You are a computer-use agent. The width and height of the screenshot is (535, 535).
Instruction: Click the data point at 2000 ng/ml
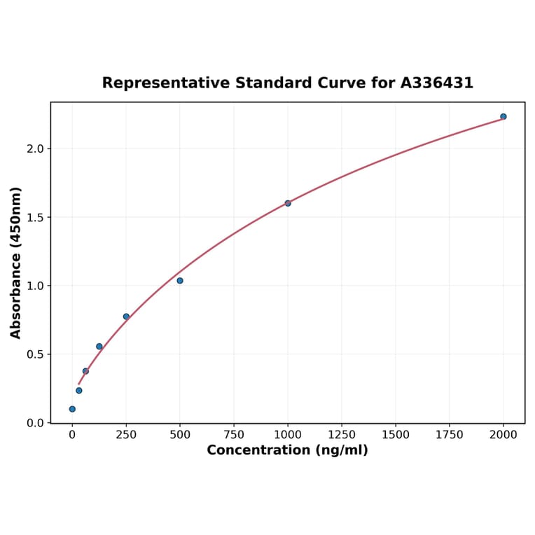[503, 117]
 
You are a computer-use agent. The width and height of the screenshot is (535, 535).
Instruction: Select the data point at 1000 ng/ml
[288, 203]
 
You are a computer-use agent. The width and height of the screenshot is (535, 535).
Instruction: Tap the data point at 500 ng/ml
[180, 281]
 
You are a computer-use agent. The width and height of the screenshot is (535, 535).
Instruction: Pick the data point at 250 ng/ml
[126, 317]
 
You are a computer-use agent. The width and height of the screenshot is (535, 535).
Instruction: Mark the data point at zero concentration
[72, 409]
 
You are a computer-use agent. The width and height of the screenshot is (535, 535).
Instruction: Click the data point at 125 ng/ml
[99, 347]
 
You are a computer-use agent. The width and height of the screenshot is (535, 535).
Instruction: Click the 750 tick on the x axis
[234, 435]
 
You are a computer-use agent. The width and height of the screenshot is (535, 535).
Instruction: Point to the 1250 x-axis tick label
[342, 435]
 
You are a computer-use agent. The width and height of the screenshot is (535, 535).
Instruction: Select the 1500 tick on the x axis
[396, 435]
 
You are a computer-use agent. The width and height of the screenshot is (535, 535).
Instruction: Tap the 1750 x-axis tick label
[450, 435]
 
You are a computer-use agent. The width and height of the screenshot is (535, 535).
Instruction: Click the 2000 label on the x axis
[503, 435]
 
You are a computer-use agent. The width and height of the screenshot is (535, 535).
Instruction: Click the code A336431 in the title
[436, 83]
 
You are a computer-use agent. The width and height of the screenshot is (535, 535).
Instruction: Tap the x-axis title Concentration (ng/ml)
[287, 450]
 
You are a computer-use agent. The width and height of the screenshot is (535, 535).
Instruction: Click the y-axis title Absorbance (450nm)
[15, 263]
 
